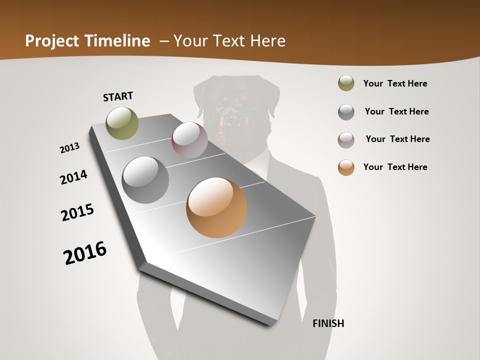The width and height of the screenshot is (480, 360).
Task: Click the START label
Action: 118,96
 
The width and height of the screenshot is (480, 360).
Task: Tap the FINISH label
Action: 328,323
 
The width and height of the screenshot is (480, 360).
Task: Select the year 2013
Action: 70,148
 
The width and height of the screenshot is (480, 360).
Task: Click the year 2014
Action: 73,177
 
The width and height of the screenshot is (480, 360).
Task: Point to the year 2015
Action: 77,212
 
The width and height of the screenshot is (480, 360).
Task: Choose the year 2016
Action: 85,252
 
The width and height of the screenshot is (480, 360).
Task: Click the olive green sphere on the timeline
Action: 122,123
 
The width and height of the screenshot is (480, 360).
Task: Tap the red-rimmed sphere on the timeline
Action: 189,139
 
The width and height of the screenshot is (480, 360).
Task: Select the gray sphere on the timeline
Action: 145,179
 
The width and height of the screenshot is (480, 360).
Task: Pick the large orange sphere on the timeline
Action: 216,207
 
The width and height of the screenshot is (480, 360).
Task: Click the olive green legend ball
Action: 346,83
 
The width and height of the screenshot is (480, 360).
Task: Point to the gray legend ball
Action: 346,112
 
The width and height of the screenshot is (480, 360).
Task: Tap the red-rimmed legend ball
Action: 346,140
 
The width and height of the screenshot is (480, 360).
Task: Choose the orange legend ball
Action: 346,167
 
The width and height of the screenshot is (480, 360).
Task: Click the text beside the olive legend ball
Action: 395,83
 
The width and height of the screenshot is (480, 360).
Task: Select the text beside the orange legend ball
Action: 395,167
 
